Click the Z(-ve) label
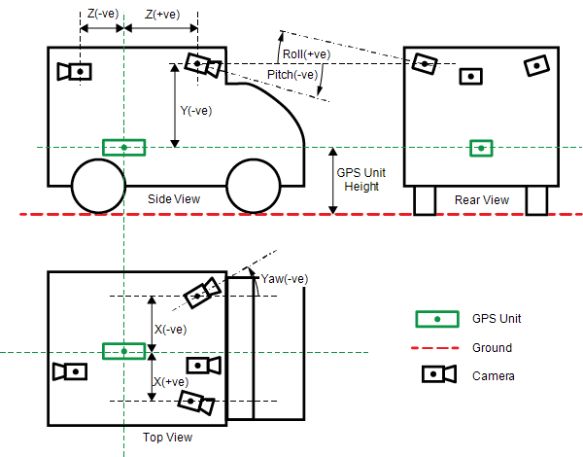point(103,14)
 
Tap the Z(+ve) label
point(162,15)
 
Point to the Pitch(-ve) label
point(292,74)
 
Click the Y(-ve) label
point(195,111)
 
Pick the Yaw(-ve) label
point(285,279)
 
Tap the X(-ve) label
point(170,330)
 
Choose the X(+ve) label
point(171,382)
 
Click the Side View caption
point(174,199)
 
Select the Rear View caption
point(482,200)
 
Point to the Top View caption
point(167,438)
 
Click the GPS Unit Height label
point(361,179)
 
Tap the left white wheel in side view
point(98,187)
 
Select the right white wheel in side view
point(253,187)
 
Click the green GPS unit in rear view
point(481,148)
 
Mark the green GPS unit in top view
point(124,351)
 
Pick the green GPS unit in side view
point(124,148)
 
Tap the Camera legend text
point(494,376)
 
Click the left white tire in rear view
point(425,199)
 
